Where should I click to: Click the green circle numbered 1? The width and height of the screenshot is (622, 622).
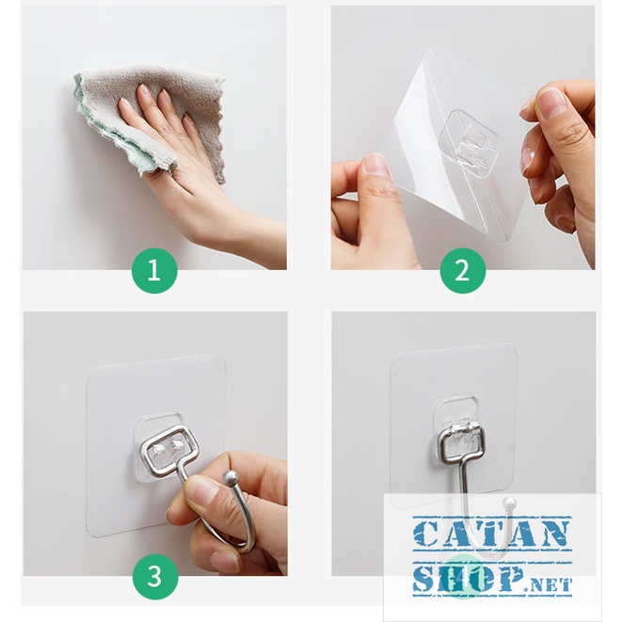point(154,271)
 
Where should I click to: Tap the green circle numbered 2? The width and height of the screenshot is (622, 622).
point(463,271)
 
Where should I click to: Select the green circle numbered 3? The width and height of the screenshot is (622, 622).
point(154,577)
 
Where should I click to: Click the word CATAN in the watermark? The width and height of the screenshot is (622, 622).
point(492,533)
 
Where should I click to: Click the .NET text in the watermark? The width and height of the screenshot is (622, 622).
point(549,585)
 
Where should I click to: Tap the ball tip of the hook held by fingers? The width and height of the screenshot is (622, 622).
point(229,475)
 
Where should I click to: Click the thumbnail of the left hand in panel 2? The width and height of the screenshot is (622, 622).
point(375,165)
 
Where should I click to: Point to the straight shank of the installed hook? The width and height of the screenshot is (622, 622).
point(463,496)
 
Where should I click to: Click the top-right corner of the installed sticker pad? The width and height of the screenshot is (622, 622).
point(515,346)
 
